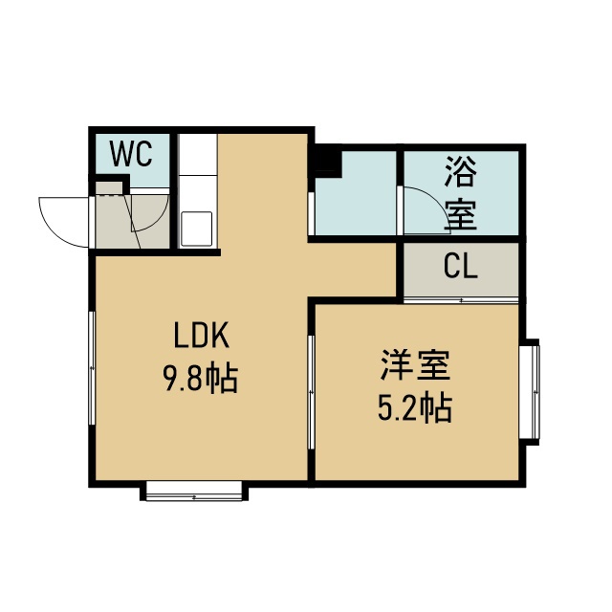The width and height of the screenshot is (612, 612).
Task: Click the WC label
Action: tap(131, 154)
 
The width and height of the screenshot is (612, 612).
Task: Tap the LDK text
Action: tap(202, 336)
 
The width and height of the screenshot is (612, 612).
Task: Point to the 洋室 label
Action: tap(415, 365)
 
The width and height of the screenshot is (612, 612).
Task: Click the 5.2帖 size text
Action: tap(415, 408)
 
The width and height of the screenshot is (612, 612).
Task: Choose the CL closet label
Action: tap(461, 267)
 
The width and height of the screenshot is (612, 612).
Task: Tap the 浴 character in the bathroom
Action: tap(461, 172)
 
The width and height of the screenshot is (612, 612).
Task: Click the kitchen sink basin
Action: tap(197, 229)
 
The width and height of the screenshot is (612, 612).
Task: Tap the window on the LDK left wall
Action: tap(92, 368)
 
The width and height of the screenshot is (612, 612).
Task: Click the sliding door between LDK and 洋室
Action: tap(311, 392)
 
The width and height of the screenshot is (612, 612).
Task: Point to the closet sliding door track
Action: tap(461, 300)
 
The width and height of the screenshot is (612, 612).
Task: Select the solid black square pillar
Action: tap(328, 160)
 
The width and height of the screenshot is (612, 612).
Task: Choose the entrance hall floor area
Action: tap(133, 221)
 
